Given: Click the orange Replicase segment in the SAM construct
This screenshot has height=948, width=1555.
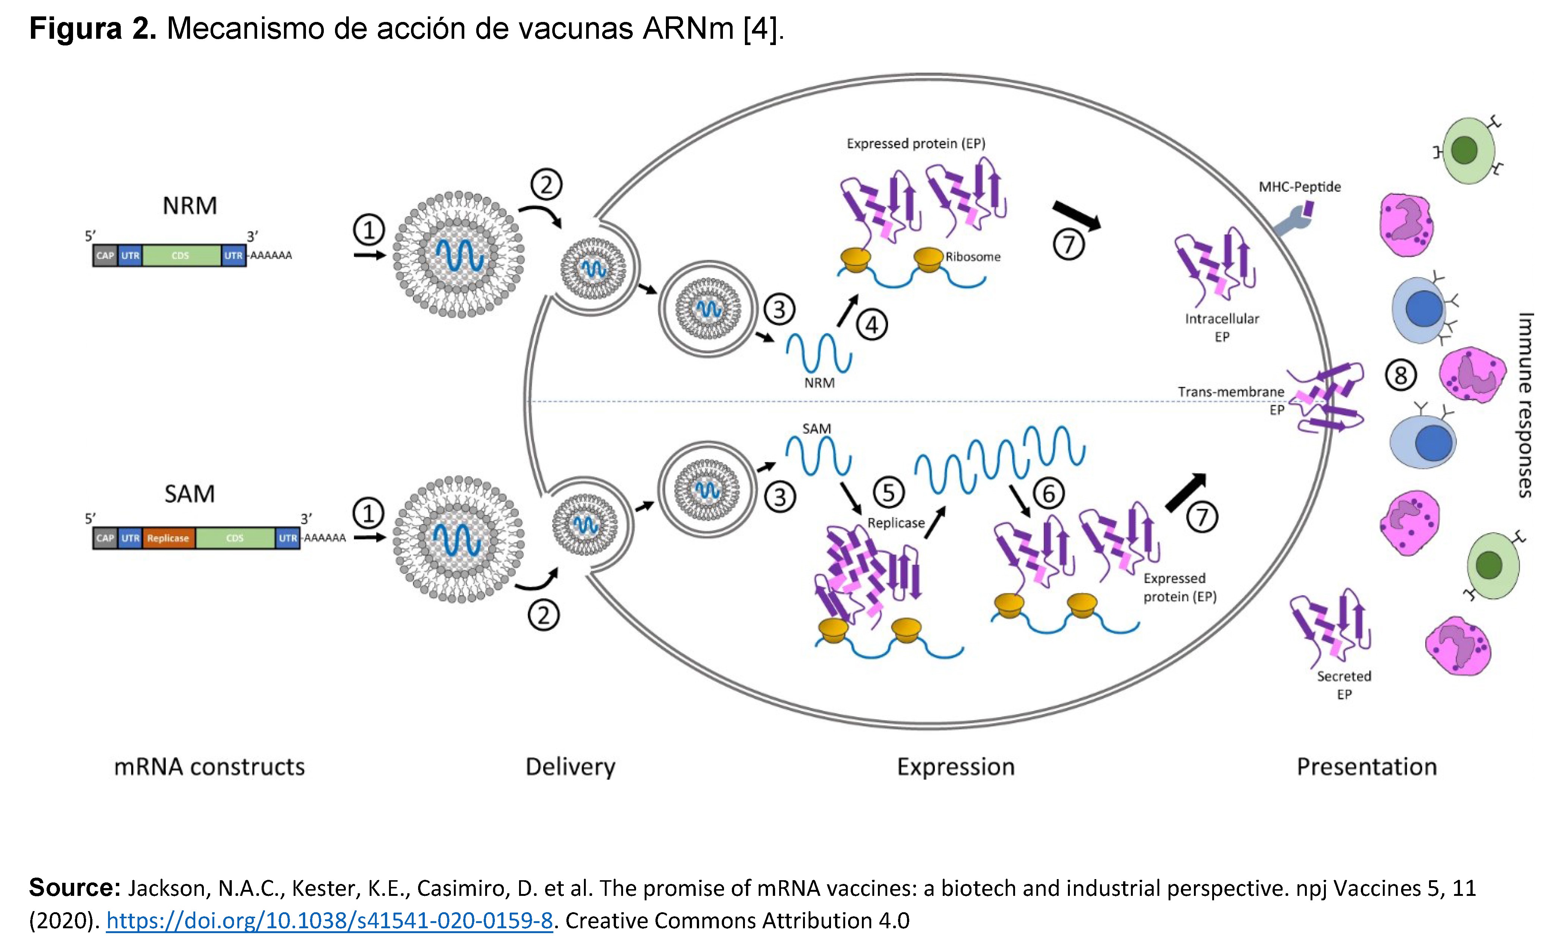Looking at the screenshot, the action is [x=168, y=538].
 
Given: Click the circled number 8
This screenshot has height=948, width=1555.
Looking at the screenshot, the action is [x=1400, y=375].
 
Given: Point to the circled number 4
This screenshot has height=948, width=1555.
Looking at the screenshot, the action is [x=872, y=326].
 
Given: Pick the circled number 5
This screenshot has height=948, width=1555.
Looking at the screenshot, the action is [x=889, y=492].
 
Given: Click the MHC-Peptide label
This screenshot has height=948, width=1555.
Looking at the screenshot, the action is [x=1299, y=187].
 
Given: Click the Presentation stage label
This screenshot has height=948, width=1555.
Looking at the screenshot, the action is [x=1366, y=767].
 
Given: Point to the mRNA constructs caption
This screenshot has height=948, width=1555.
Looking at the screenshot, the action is [x=209, y=767].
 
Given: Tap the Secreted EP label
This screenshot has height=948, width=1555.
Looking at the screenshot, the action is [x=1344, y=685].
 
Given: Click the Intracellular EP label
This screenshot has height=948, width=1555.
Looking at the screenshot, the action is [x=1222, y=327].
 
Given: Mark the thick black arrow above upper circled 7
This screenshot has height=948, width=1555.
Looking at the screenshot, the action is [x=1077, y=215].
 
